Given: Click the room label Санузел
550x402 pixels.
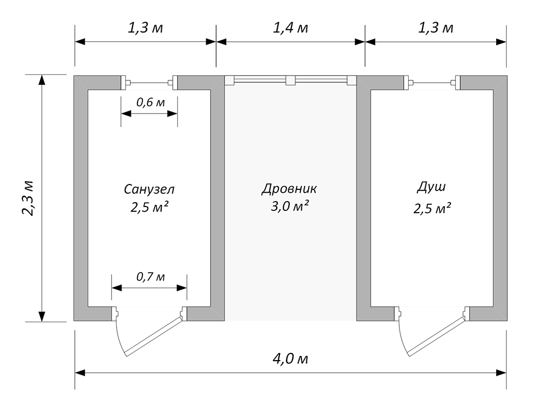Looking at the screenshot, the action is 149,189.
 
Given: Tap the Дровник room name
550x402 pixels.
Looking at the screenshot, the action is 289,189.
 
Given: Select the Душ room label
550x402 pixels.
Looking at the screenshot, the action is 431,187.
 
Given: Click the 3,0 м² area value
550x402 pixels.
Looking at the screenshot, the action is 290,206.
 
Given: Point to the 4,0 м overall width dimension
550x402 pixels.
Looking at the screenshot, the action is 290,359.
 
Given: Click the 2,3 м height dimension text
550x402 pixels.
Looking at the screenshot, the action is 28,198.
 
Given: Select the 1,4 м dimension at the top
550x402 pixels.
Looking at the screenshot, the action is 290,28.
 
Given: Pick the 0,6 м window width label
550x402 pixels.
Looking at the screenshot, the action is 150,102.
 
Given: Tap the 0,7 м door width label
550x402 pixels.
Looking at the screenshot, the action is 150,277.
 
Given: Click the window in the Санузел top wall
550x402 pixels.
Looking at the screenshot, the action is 150,83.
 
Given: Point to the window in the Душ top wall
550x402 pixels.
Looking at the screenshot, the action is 431,83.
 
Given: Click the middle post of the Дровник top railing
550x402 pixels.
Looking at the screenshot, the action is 290,80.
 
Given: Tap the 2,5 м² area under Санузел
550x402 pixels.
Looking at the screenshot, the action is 150,207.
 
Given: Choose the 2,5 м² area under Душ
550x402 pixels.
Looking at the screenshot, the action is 432,209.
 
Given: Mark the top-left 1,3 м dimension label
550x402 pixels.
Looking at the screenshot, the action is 145,28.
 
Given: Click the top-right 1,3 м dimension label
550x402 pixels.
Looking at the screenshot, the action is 436,28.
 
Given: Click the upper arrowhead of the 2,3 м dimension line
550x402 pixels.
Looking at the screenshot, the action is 42,80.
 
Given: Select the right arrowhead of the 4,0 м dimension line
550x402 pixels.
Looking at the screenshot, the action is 501,372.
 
